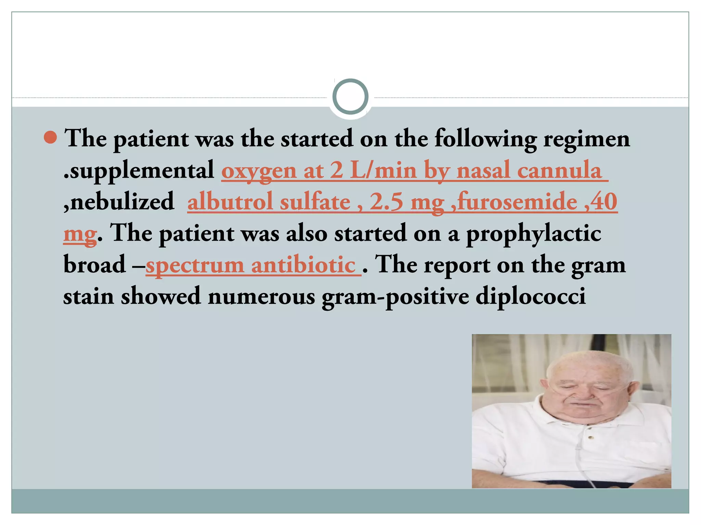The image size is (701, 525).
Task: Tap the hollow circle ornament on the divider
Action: click(350, 96)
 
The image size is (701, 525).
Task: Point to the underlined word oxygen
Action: click(259, 170)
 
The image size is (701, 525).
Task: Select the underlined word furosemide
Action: click(517, 202)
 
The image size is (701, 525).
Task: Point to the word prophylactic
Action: click(534, 233)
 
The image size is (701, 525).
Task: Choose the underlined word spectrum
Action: click(195, 265)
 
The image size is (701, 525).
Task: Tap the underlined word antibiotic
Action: click(303, 265)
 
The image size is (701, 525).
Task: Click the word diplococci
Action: click(531, 296)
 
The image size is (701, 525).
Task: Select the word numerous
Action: click(261, 296)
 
